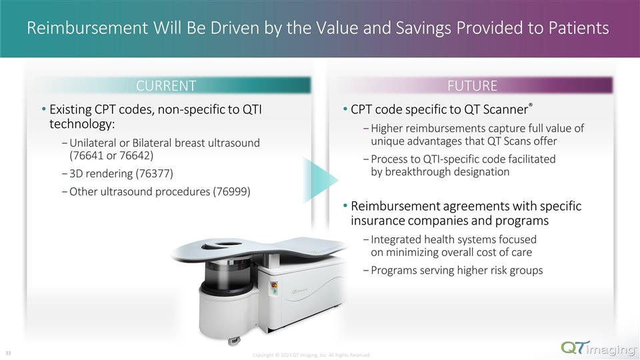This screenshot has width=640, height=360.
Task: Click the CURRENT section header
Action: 166,85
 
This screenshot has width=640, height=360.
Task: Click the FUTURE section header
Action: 472,85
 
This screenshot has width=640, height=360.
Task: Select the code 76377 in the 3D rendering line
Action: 151,174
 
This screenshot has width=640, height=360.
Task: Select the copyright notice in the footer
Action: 311,355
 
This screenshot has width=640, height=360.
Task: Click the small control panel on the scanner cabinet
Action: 271,288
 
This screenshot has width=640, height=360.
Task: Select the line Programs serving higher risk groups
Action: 457,270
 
